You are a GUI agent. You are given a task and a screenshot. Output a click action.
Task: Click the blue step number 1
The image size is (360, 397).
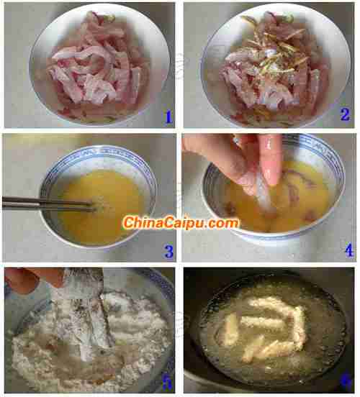[168, 117]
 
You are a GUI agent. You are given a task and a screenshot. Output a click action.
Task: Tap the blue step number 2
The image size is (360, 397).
[345, 114]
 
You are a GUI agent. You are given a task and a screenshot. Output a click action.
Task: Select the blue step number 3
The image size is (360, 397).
[169, 252]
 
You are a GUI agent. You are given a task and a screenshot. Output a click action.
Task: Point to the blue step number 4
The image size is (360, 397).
[349, 251]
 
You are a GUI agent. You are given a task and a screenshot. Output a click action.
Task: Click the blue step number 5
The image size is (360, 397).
[167, 383]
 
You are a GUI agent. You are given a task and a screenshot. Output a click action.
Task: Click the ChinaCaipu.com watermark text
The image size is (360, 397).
[181, 223]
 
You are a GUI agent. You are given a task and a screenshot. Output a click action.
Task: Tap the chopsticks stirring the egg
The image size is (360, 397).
[48, 204]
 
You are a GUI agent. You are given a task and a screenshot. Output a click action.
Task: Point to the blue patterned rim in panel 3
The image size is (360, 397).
[98, 150]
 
